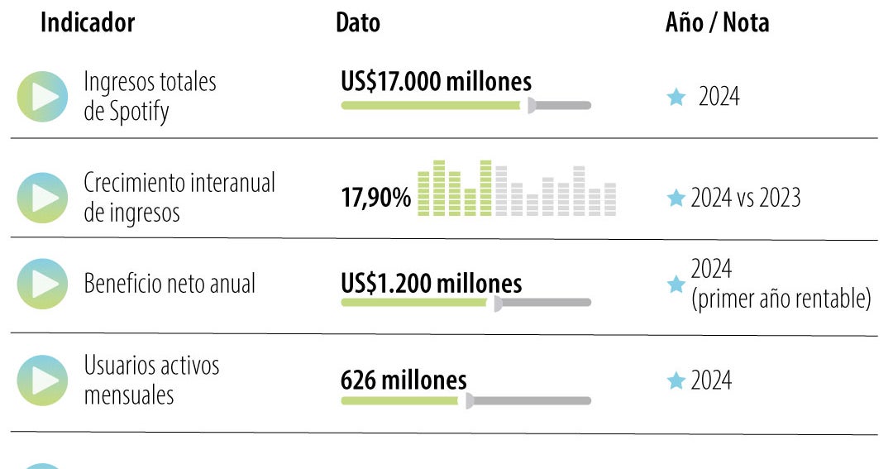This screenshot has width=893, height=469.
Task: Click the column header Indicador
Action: click(x=88, y=23)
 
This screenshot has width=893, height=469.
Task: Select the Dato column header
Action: click(x=358, y=23)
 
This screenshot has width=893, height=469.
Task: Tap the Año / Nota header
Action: click(x=717, y=23)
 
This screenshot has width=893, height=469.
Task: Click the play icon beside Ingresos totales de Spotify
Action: click(x=42, y=97)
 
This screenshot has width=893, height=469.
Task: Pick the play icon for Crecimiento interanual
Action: click(x=42, y=198)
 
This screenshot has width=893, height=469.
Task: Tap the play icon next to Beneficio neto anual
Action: click(x=42, y=284)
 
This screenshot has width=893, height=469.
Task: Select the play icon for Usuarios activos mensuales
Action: click(x=42, y=380)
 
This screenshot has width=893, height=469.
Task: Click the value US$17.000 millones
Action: click(x=436, y=82)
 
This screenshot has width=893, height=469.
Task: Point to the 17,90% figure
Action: click(x=376, y=199)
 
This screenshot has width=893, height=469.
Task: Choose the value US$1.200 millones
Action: click(x=431, y=284)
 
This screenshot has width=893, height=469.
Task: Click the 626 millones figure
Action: click(x=404, y=380)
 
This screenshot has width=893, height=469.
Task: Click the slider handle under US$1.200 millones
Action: click(x=498, y=303)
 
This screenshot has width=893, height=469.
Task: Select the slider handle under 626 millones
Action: click(x=469, y=400)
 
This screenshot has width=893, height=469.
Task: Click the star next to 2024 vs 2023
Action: click(x=676, y=199)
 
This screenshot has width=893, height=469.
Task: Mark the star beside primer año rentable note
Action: click(x=676, y=285)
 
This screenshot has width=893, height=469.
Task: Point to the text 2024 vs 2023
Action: click(x=745, y=199)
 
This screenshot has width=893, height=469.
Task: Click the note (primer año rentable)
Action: click(x=781, y=299)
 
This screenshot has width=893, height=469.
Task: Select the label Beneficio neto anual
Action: click(x=170, y=284)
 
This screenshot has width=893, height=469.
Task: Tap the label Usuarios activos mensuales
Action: click(x=151, y=380)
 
